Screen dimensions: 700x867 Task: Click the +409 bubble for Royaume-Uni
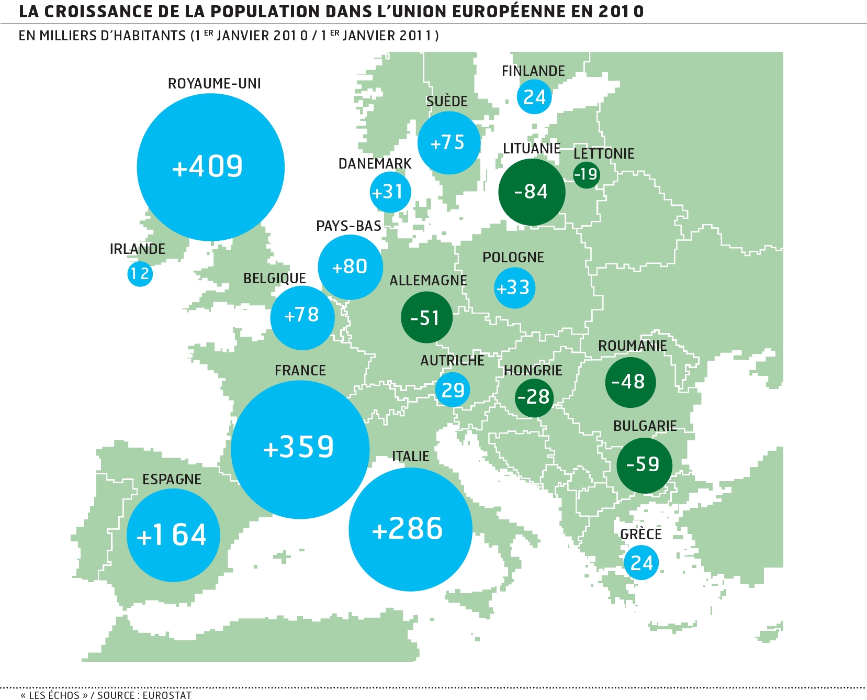point(210,167)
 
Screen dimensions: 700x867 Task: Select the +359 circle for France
point(300,449)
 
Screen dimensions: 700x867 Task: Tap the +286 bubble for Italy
point(410,529)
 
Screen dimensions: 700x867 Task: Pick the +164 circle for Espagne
point(173,535)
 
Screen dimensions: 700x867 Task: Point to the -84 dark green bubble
point(532,192)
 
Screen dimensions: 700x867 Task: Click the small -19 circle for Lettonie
point(586,174)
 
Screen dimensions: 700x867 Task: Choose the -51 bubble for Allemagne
point(426,317)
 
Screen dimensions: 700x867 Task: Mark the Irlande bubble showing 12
point(140,274)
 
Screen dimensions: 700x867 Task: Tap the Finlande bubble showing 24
point(534,97)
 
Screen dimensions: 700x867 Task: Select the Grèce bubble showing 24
point(641,563)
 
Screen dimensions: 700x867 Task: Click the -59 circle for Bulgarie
point(644,465)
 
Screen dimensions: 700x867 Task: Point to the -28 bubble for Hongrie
point(534,397)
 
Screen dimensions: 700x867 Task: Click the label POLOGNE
point(513,258)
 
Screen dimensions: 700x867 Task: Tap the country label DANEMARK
point(375,164)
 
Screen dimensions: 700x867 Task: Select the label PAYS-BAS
point(348,226)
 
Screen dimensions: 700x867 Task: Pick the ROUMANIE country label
point(632,346)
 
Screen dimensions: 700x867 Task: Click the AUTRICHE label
point(452,361)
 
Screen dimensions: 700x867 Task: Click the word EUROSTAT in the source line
point(167,695)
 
